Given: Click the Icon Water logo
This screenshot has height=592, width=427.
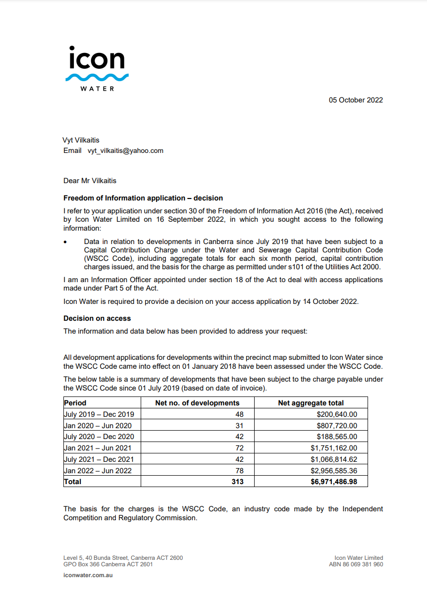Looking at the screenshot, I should click(x=97, y=68).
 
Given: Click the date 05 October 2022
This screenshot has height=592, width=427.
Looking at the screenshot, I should click(x=356, y=100).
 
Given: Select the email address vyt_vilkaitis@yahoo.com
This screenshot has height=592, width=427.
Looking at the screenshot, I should click(x=122, y=150).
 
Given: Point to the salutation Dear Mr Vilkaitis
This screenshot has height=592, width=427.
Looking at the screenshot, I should click(x=90, y=181).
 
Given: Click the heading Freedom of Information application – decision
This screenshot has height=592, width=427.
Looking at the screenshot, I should click(x=143, y=198).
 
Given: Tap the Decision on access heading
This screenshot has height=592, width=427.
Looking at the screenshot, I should click(x=97, y=318).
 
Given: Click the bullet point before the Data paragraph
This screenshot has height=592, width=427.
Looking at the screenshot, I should click(x=65, y=242).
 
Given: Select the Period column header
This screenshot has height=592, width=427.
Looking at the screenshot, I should click(x=75, y=403).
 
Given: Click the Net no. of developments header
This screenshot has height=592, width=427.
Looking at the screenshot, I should click(x=197, y=403).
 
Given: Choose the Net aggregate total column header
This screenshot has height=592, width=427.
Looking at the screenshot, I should click(x=311, y=403).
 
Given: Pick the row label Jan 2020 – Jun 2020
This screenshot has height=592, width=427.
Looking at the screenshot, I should click(x=98, y=425).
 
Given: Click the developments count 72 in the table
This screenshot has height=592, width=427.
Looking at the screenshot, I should click(x=239, y=448).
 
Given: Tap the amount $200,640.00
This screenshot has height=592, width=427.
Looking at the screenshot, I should click(x=337, y=414).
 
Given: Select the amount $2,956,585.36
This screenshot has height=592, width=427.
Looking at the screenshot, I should click(x=333, y=470).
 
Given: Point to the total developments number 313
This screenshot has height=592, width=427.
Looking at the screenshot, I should click(x=237, y=481).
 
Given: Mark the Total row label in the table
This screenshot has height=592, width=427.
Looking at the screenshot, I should click(x=73, y=481).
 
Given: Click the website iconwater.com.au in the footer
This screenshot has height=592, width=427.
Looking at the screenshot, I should click(x=88, y=575).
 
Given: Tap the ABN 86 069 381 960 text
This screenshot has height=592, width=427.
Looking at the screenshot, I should click(x=356, y=564).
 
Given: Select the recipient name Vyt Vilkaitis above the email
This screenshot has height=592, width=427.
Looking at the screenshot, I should click(x=81, y=140).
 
